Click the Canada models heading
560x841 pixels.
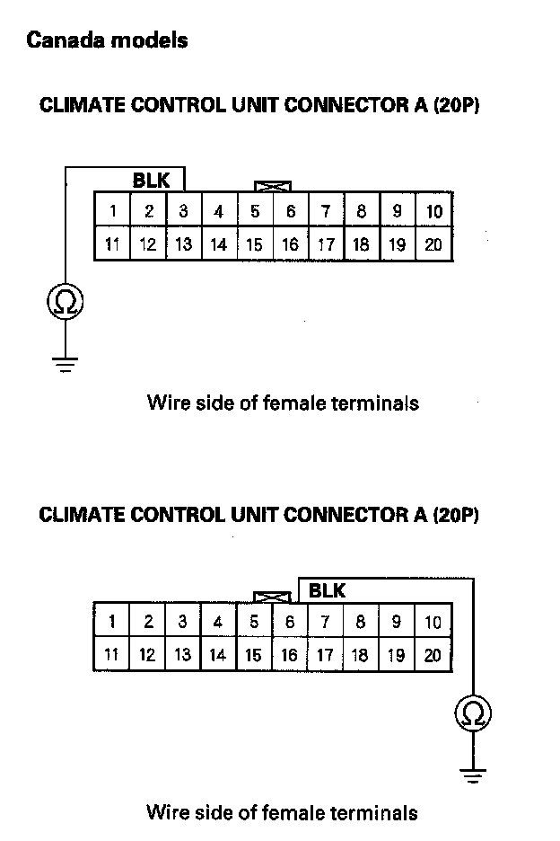(x=107, y=40)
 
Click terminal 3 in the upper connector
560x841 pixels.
(x=183, y=212)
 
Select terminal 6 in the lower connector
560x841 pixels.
(x=290, y=622)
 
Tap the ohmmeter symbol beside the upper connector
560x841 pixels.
(x=66, y=302)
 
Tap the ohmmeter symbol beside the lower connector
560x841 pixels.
(x=473, y=713)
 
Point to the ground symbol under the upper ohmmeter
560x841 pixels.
(x=66, y=363)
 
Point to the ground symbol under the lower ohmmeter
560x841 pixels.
(x=473, y=774)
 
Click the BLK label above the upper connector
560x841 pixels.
(x=151, y=181)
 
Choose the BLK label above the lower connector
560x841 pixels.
(x=327, y=591)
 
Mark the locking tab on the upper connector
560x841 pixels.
(x=274, y=186)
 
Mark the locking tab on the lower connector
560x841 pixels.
(x=272, y=597)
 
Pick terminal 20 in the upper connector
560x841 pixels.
(x=433, y=244)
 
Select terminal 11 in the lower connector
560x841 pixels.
(x=111, y=655)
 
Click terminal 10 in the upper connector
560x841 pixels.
(x=433, y=212)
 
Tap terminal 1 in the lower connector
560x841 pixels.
(x=112, y=622)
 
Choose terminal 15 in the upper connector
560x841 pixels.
(x=255, y=244)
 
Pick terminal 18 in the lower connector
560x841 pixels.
(x=360, y=655)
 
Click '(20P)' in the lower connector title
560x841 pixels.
(x=455, y=515)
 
